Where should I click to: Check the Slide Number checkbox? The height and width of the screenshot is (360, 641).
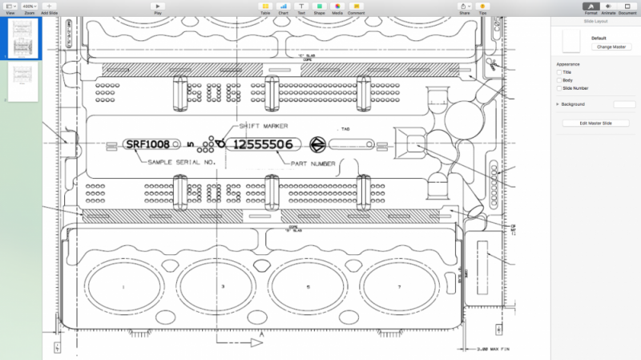click(x=559, y=88)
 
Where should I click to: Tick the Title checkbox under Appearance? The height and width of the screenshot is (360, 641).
click(x=559, y=72)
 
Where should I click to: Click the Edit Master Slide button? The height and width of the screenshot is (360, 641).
click(x=595, y=123)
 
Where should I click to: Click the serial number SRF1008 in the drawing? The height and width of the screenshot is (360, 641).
click(x=147, y=144)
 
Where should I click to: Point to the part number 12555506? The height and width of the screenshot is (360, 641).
click(x=263, y=144)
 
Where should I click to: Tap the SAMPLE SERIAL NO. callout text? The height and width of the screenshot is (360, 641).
click(x=182, y=163)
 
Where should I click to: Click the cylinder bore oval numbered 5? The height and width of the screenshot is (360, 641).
click(x=308, y=285)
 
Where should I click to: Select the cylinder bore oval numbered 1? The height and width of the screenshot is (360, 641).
click(x=123, y=285)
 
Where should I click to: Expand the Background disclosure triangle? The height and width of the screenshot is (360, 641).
click(x=557, y=104)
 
